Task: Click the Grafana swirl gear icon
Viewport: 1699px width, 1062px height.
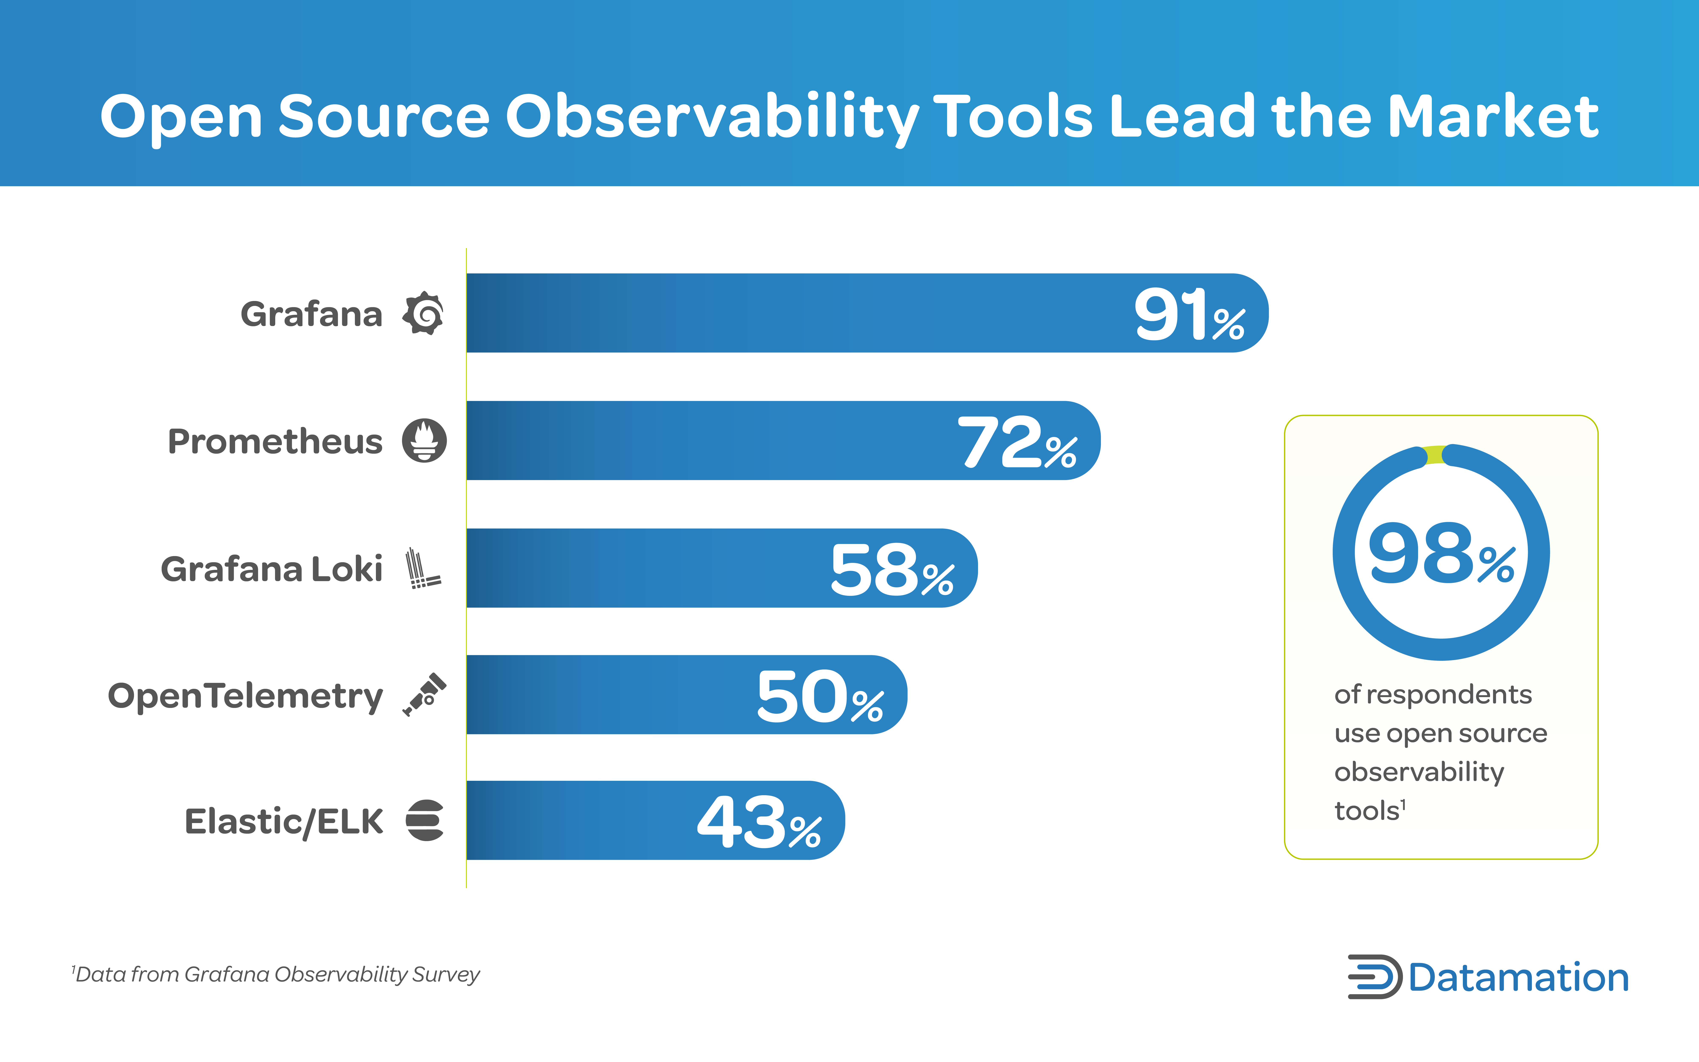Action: [x=423, y=313]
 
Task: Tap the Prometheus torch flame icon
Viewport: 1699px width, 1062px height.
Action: [x=424, y=440]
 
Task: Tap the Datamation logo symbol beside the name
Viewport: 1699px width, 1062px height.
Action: [x=1374, y=977]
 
